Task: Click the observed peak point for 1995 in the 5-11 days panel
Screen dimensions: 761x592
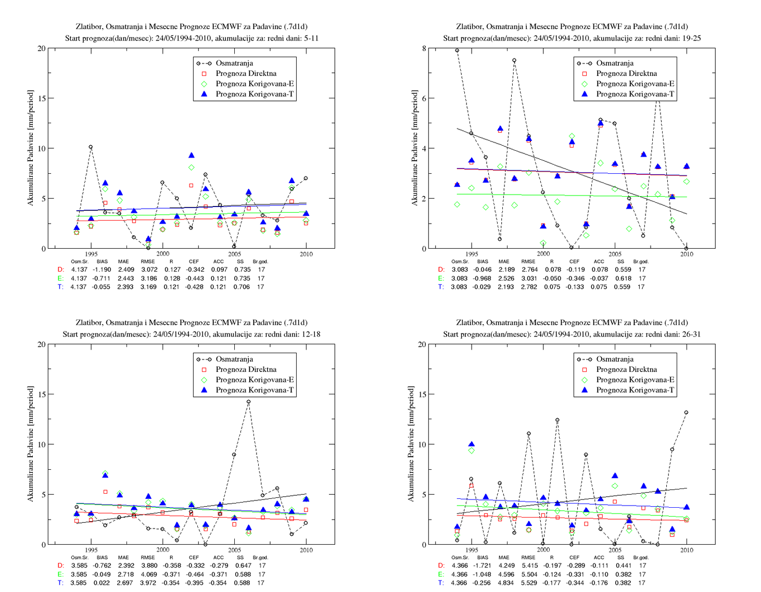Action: (91, 147)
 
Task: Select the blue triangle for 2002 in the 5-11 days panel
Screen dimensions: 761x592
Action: (191, 155)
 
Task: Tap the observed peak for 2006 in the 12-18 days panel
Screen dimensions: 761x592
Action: (248, 402)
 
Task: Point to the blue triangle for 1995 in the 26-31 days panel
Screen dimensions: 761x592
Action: (472, 444)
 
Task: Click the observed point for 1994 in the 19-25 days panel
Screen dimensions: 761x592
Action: (457, 50)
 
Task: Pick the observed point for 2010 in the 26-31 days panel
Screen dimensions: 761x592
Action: (686, 413)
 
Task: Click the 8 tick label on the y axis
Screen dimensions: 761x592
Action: (424, 48)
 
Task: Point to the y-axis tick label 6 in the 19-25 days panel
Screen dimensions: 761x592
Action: (424, 98)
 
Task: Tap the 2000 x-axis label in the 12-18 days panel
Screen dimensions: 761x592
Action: (162, 550)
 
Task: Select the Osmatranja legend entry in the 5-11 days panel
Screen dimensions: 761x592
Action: (234, 63)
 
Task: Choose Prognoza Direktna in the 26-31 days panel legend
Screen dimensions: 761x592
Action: (626, 369)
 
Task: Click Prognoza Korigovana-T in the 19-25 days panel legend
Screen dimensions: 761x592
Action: (635, 94)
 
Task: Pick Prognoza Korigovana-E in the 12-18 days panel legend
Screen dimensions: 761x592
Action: (255, 380)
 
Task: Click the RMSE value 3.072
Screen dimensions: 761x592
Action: (149, 269)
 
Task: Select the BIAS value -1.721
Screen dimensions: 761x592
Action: (482, 565)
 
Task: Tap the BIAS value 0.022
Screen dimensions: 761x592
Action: (102, 583)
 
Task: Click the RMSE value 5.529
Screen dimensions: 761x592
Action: (529, 583)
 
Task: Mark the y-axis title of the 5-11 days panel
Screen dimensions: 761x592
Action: (31, 148)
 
